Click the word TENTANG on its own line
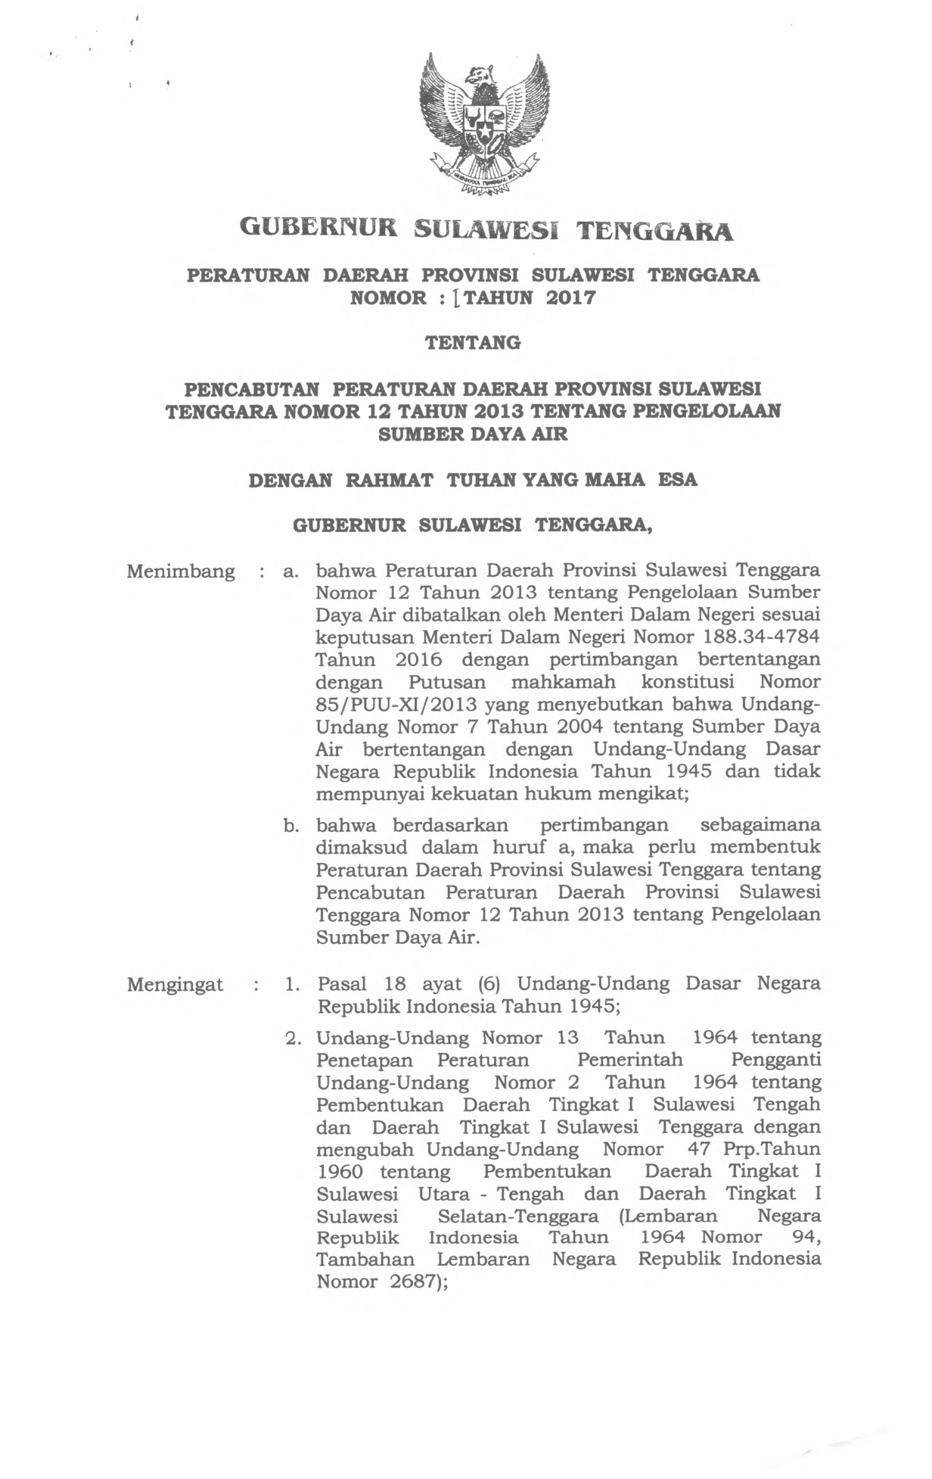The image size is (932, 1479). [x=473, y=343]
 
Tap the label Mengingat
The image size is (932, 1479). [x=176, y=984]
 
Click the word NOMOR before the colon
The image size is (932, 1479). [x=389, y=297]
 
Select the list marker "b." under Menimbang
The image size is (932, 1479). [x=293, y=825]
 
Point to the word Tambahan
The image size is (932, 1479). [x=365, y=1259]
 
